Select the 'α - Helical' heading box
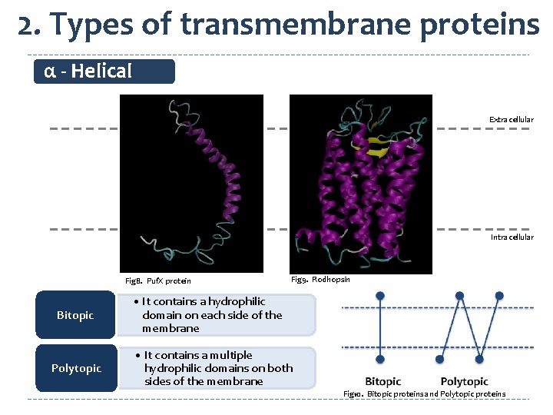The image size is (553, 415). [105, 71]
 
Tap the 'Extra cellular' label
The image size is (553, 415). [511, 119]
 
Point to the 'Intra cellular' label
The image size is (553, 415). [512, 237]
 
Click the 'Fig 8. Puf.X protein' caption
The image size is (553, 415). [158, 281]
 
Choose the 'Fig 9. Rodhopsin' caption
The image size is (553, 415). [321, 279]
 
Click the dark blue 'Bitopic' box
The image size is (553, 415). [75, 315]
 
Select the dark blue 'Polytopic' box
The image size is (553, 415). [76, 368]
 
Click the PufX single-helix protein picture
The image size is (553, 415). [191, 183]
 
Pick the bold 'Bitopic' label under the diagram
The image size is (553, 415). [382, 381]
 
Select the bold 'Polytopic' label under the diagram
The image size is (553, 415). [464, 381]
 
